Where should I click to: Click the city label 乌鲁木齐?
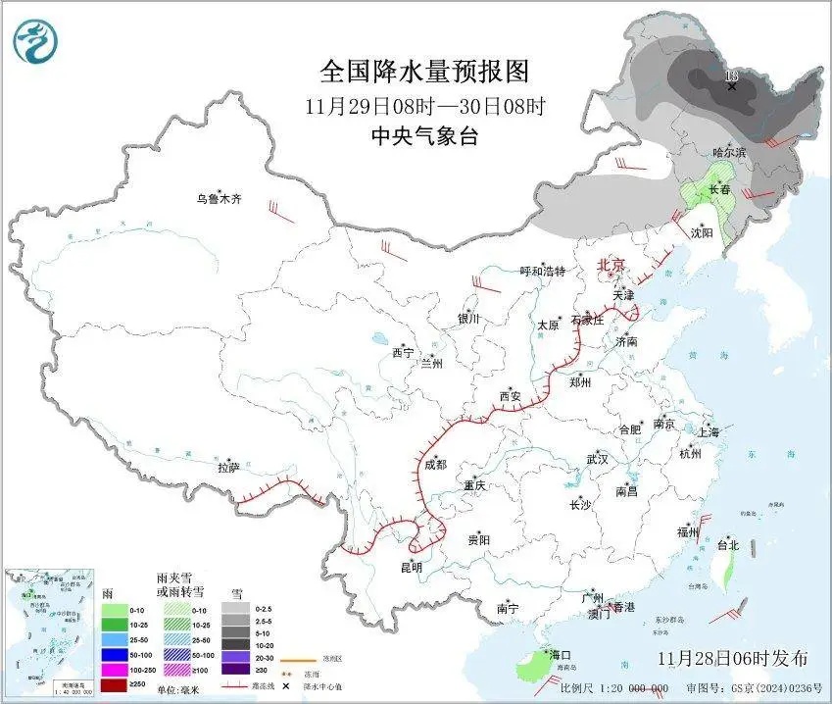click(217, 199)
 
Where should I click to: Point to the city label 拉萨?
click(228, 468)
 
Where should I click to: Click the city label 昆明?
click(412, 567)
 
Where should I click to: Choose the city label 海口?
click(561, 655)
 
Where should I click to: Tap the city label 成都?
click(434, 464)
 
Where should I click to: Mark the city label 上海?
click(708, 431)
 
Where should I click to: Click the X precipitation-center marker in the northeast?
click(731, 86)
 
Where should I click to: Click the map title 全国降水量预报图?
click(424, 72)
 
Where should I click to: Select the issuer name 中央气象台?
click(424, 137)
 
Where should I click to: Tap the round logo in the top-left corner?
click(35, 41)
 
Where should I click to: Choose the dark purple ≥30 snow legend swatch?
click(234, 669)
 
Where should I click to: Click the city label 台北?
click(726, 545)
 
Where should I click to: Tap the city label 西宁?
click(403, 352)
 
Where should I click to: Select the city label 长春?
click(720, 189)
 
